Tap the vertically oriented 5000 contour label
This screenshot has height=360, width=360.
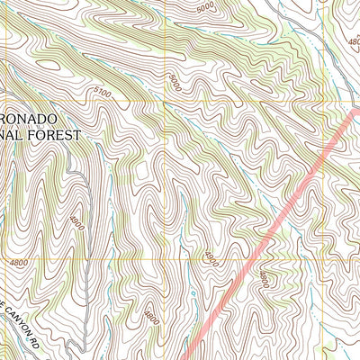pos(173,83)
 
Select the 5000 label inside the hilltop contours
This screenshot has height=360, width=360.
pos(205,8)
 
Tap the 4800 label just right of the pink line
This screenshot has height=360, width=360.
pos(263,278)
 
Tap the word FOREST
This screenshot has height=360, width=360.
pos(57,135)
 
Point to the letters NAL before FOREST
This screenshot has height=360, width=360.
pos(13,135)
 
